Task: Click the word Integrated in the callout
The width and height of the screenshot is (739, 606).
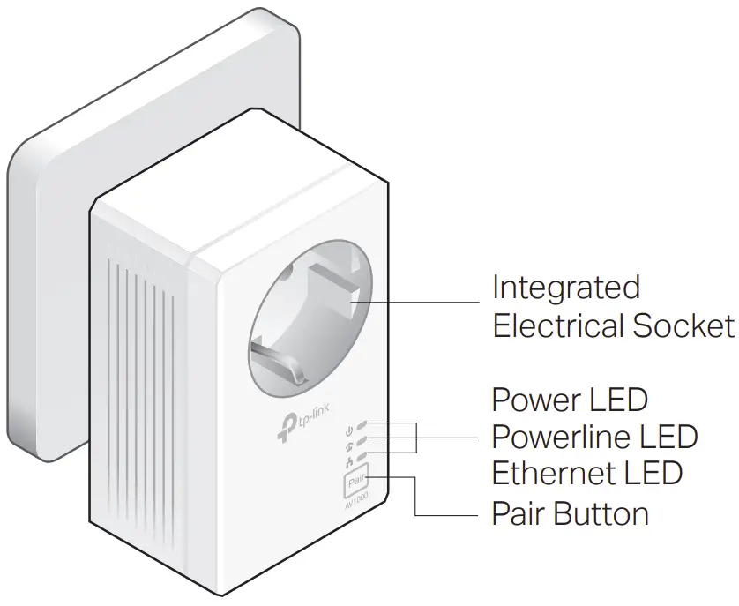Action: coord(565,288)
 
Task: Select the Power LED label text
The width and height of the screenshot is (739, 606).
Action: coord(569,400)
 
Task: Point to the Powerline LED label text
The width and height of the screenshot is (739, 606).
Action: coord(593,436)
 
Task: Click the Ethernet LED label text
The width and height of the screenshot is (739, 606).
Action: coord(586,473)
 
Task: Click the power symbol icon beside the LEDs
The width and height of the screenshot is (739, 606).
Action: coord(349,430)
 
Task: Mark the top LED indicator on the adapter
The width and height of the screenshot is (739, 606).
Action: coord(363,424)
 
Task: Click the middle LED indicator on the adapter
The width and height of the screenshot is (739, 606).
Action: coord(363,438)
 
